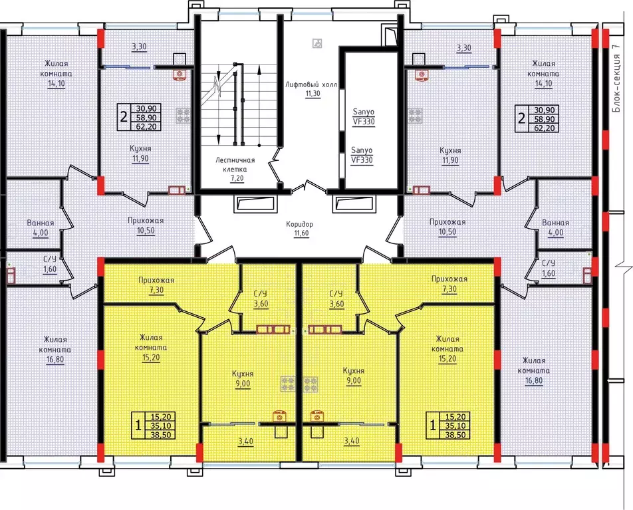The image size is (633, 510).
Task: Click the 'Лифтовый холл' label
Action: tap(311, 85)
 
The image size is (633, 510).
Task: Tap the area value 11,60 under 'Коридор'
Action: tap(302, 233)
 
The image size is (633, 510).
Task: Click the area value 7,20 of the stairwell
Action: tap(237, 178)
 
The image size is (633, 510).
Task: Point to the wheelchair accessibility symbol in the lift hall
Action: tap(317, 43)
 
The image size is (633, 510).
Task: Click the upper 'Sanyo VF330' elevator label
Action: tap(363, 116)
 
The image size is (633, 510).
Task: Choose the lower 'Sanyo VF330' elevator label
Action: tap(362, 155)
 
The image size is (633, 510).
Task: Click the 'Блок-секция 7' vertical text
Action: tap(616, 78)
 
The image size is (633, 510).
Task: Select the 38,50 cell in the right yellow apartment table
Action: tap(455, 435)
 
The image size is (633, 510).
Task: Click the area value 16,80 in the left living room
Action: tap(55, 359)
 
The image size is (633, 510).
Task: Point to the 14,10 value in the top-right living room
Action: tap(543, 84)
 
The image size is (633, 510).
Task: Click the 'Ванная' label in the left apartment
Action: tap(41, 223)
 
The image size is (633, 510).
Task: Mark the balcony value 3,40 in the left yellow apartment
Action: tap(245, 442)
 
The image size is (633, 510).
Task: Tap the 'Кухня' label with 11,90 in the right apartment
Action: tap(450, 151)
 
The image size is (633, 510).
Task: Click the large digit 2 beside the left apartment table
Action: tap(124, 117)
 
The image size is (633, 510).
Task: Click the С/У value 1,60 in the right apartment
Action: tap(548, 273)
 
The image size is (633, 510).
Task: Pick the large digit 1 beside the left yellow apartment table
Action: tap(138, 425)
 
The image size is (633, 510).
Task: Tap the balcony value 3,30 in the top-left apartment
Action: tap(139, 47)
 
